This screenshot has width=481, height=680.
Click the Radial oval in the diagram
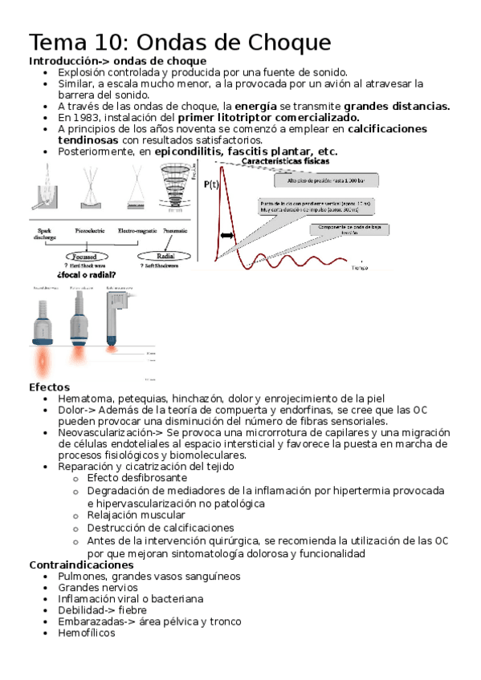[x=158, y=256]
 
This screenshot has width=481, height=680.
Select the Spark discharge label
[x=45, y=233]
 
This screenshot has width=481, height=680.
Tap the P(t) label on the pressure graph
[x=211, y=184]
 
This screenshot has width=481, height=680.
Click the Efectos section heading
[x=49, y=387]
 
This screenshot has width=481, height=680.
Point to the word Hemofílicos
[x=87, y=633]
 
